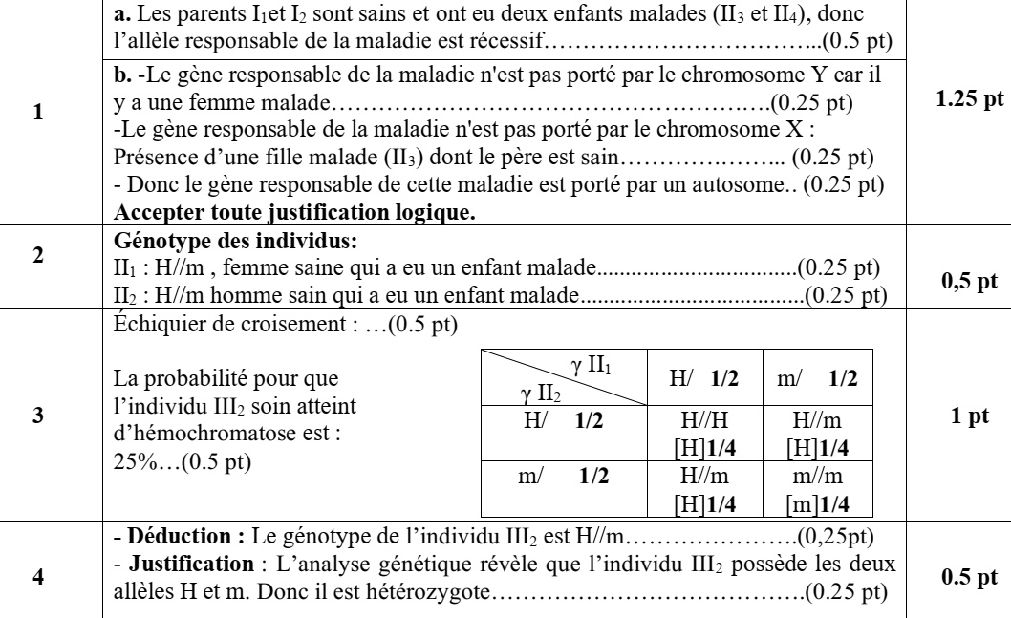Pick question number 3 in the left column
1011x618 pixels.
pyautogui.click(x=37, y=417)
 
